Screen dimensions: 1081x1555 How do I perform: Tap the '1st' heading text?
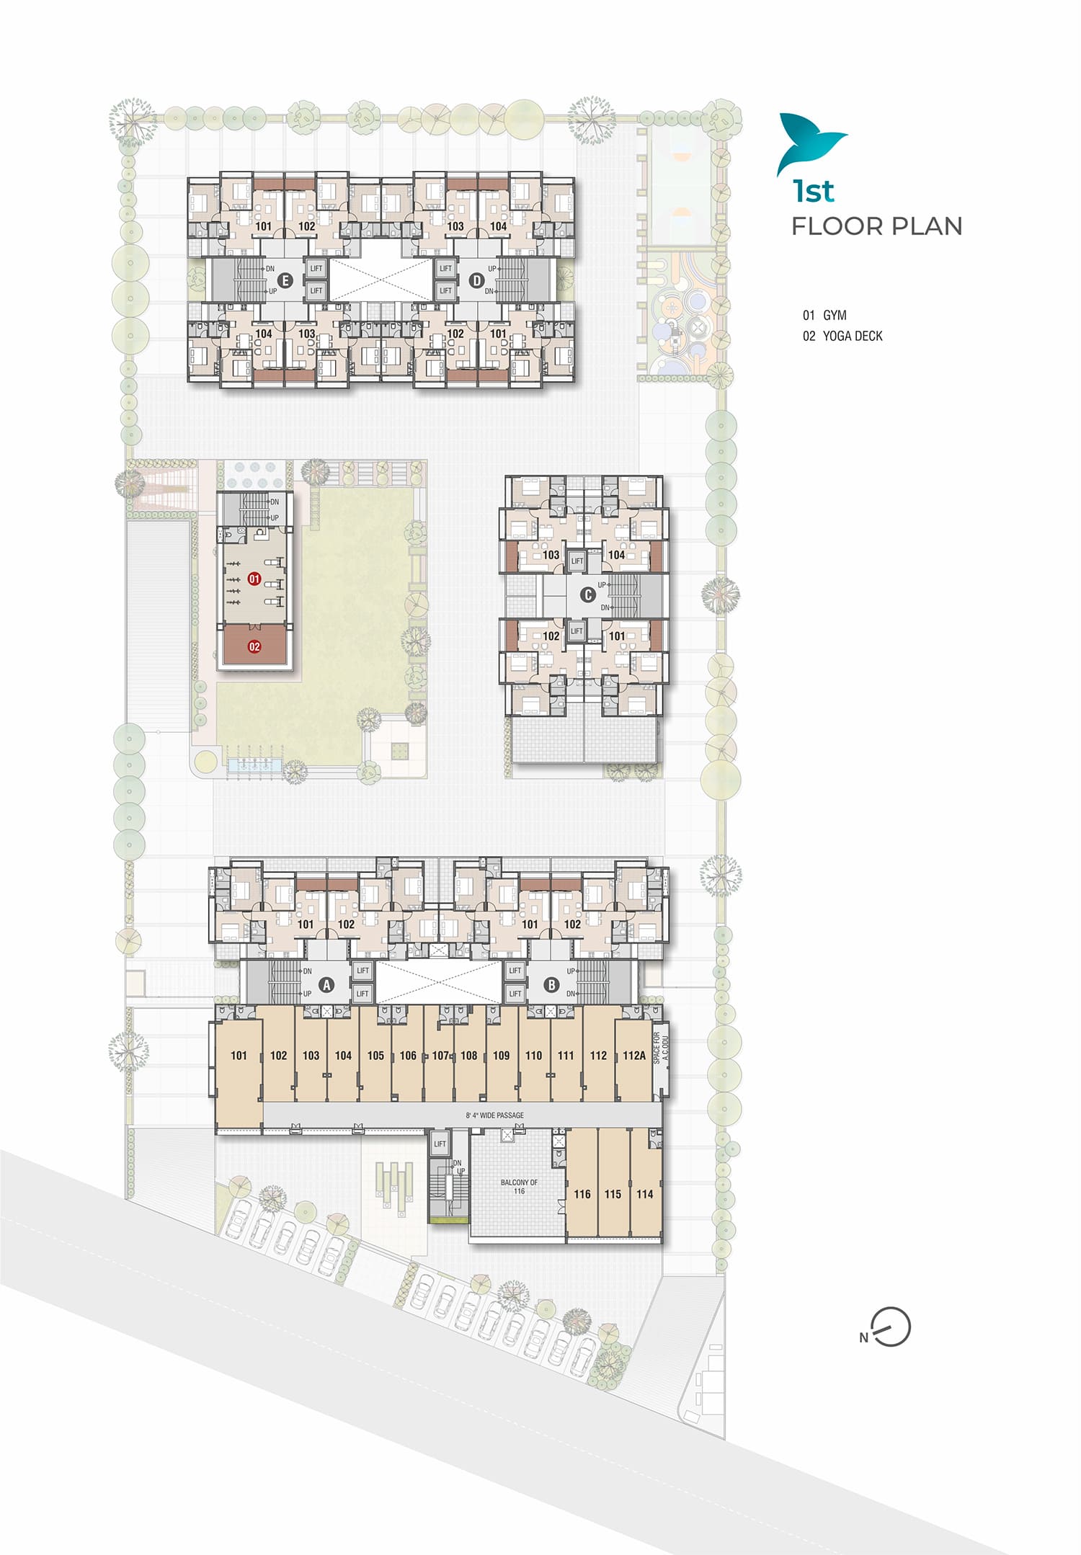tap(813, 191)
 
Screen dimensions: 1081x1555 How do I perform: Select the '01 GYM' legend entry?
tap(824, 315)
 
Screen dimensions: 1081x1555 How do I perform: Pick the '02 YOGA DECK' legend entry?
tap(842, 336)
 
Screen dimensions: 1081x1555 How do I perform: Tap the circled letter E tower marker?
tap(285, 280)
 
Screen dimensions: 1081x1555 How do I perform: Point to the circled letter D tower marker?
tap(476, 280)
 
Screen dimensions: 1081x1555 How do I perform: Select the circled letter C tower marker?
tap(588, 594)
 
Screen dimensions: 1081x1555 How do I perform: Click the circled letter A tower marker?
tap(326, 984)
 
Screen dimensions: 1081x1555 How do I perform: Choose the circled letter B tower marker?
tap(551, 984)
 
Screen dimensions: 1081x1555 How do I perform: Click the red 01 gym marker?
tap(254, 579)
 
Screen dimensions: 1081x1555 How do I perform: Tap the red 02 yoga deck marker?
tap(254, 646)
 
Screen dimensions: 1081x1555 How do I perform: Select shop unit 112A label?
tap(634, 1056)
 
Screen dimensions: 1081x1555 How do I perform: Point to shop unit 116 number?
tap(582, 1194)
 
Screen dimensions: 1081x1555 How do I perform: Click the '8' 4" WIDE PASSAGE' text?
tap(494, 1115)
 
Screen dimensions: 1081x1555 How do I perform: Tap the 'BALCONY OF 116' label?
tap(519, 1186)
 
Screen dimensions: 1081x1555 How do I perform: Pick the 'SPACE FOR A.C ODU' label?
tap(661, 1048)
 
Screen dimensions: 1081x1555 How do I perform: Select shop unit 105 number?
tap(375, 1056)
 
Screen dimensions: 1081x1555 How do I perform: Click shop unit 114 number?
tap(645, 1194)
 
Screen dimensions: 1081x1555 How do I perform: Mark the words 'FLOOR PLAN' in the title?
tap(877, 226)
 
